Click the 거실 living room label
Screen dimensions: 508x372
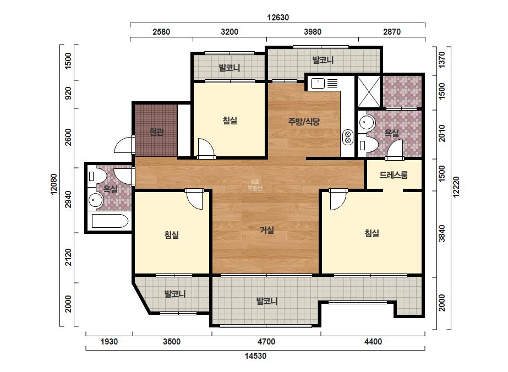point(267,230)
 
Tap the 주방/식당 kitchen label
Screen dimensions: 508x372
point(304,122)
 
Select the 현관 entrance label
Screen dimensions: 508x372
point(156,132)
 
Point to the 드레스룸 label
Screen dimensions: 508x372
point(394,175)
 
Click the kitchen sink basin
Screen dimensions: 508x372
point(318,84)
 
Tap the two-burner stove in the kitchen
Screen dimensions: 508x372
point(348,137)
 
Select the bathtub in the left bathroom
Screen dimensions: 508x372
point(110,221)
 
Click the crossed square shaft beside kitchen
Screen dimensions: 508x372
point(369,91)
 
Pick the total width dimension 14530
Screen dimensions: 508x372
point(255,356)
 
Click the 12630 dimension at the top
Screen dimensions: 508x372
point(278,17)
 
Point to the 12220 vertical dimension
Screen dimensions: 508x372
point(456,187)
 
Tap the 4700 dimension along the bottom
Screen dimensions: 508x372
point(266,342)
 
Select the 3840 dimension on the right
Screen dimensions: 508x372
point(441,233)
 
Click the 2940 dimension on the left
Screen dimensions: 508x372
point(68,199)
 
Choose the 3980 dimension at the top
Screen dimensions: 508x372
point(313,32)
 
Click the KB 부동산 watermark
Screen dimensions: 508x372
point(255,185)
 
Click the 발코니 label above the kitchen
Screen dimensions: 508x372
point(323,60)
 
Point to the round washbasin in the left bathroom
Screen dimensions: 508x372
point(95,200)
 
